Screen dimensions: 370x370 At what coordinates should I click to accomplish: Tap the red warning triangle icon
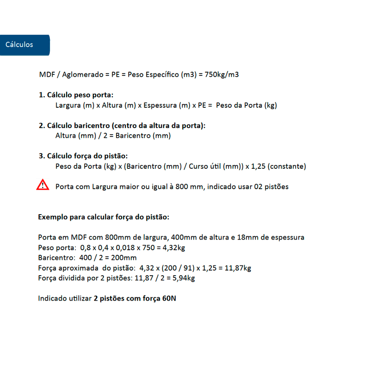[x=43, y=185]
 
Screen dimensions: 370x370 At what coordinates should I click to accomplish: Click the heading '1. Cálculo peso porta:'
[x=76, y=95]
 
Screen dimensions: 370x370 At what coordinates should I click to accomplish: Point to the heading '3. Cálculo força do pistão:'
[x=83, y=156]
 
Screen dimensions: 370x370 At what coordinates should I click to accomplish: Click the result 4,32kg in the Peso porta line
[x=174, y=247]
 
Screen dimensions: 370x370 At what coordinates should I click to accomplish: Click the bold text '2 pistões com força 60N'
[x=135, y=298]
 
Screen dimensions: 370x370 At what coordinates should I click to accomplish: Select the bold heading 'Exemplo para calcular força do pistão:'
[x=104, y=216]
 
